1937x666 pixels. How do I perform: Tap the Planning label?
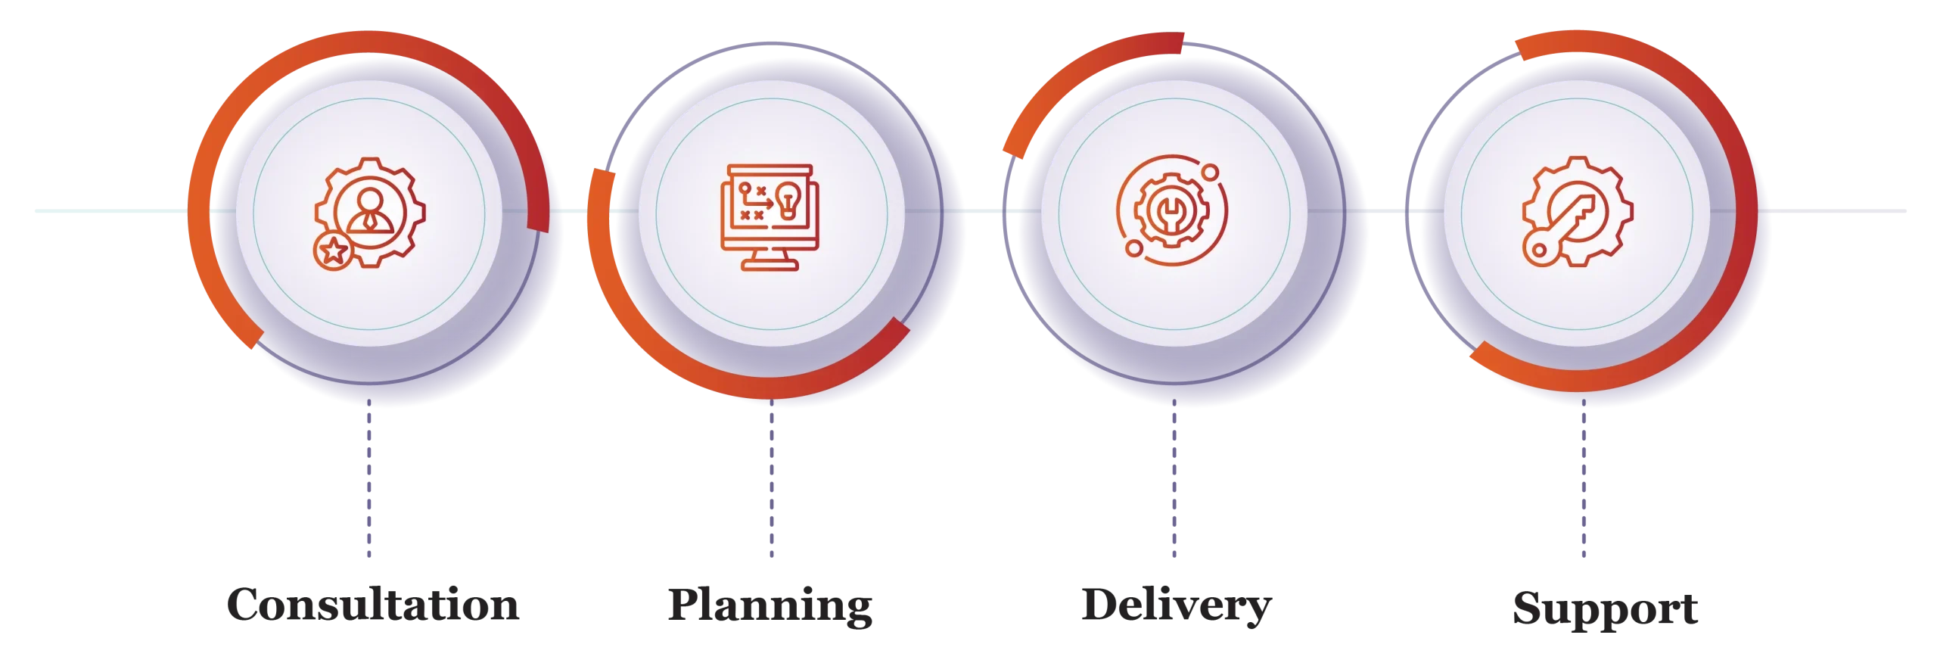tap(770, 605)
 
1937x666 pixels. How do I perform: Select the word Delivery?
tap(1177, 605)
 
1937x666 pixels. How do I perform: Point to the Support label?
tap(1605, 608)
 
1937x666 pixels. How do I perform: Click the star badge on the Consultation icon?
tap(333, 251)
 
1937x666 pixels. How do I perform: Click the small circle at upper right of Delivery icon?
tap(1211, 173)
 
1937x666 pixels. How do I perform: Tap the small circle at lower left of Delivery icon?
tap(1133, 248)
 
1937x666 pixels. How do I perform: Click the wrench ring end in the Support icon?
tap(1540, 251)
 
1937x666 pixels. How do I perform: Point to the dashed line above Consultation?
tap(369, 478)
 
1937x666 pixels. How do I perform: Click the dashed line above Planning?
tap(772, 478)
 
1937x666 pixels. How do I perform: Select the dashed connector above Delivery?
tap(1174, 478)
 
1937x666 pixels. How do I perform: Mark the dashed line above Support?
tap(1584, 478)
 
